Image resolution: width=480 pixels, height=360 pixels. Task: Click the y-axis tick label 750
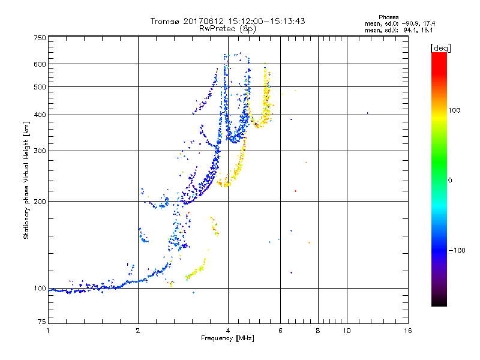(x=40, y=38)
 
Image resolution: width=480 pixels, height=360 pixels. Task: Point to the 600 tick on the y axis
(x=40, y=64)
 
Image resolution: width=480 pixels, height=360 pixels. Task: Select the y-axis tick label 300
(x=40, y=151)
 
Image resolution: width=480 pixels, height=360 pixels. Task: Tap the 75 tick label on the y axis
(x=41, y=322)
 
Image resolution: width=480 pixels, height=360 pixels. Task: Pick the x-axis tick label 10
(x=346, y=331)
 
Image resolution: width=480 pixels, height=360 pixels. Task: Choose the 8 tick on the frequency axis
(x=318, y=331)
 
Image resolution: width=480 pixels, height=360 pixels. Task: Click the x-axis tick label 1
(x=48, y=331)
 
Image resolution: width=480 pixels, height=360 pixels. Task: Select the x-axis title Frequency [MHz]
(x=227, y=338)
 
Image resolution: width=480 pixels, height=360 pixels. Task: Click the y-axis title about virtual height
(x=26, y=180)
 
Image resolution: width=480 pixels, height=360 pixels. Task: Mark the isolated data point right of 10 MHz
(x=367, y=113)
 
